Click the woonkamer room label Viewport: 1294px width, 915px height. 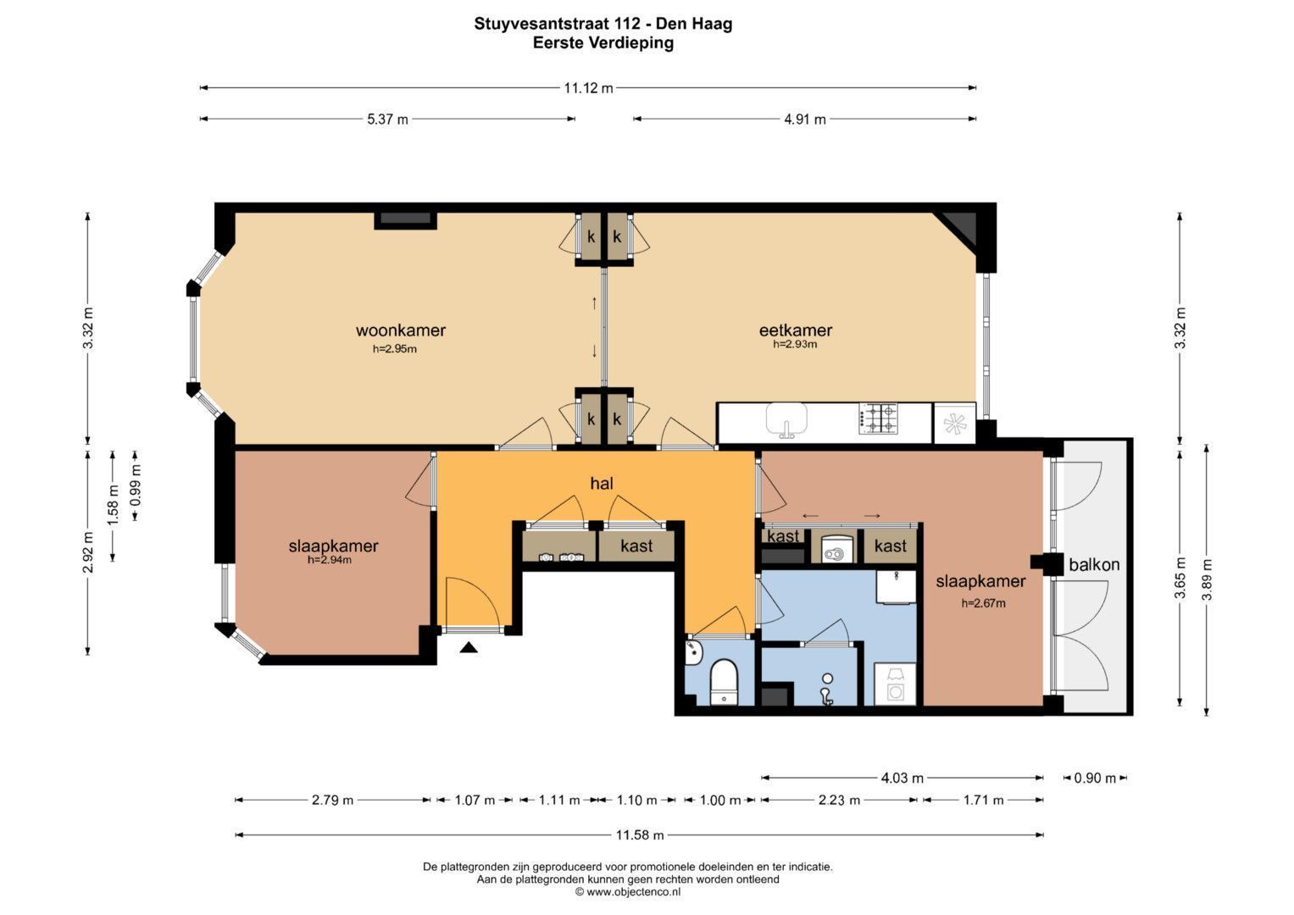coord(400,330)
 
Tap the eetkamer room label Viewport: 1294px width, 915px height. coord(796,330)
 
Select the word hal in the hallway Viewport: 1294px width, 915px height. coord(602,484)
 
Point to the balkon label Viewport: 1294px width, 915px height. coord(1094,564)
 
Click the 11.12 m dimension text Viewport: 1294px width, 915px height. coord(589,88)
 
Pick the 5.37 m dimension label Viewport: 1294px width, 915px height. coord(387,119)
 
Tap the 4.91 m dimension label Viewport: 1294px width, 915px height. coord(805,119)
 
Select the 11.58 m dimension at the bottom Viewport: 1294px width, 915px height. coord(640,835)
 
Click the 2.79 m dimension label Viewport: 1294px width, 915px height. coord(332,800)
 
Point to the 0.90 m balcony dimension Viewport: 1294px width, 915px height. coord(1095,778)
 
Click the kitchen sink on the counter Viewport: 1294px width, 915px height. coord(786,419)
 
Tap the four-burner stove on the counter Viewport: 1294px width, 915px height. coord(879,419)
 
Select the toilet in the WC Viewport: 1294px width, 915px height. coord(724,682)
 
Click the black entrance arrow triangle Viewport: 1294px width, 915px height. coord(469,648)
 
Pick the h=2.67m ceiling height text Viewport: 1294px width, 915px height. coord(983,603)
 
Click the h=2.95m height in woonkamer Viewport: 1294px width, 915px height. coord(395,349)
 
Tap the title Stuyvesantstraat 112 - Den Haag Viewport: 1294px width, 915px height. coord(603,24)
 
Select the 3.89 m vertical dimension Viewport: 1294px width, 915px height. coord(1207,580)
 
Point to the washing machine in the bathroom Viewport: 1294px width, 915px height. coord(895,685)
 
